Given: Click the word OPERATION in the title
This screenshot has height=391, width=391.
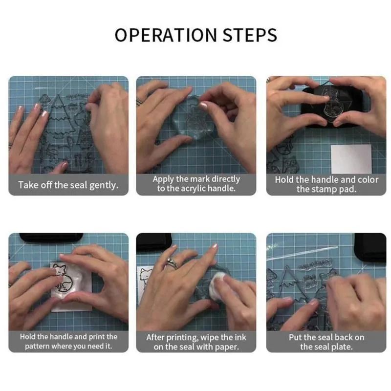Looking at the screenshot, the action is (x=166, y=35).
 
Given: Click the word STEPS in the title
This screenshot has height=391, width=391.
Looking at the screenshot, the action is (x=250, y=35).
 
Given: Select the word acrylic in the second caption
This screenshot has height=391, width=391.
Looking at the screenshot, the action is (x=193, y=189).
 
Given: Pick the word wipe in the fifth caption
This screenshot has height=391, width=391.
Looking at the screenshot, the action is (x=210, y=337).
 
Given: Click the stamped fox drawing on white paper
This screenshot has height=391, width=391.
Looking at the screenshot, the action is (x=63, y=278).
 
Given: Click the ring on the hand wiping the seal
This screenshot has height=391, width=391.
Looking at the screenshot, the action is (x=172, y=263).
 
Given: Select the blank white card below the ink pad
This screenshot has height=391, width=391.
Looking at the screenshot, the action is (x=351, y=158).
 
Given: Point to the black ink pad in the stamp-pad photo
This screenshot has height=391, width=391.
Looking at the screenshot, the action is (x=332, y=107).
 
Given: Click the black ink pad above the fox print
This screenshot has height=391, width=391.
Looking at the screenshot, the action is (x=51, y=238).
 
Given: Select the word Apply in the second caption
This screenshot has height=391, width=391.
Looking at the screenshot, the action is (x=163, y=179).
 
